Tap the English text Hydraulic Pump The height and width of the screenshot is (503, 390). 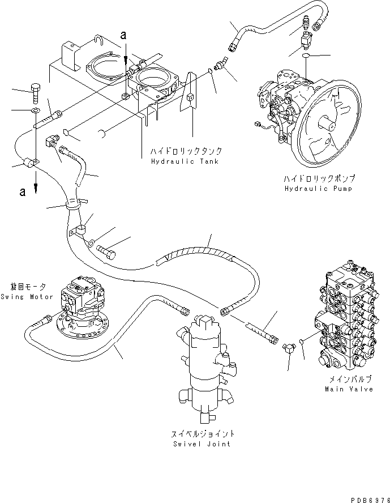[318, 189]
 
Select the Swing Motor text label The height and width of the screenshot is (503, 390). [27, 297]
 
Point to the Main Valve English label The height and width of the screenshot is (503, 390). [349, 389]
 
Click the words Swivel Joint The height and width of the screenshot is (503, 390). [203, 444]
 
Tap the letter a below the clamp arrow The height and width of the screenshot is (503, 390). [23, 191]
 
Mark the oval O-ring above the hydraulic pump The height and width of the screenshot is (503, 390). [306, 57]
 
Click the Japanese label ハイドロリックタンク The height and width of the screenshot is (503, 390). [186, 152]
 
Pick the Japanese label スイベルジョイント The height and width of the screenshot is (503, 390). [203, 434]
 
